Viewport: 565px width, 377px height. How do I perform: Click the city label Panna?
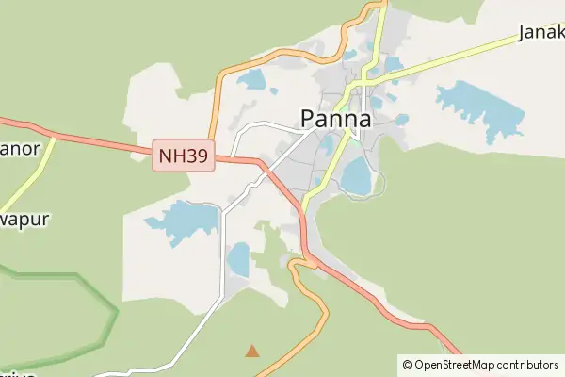335,120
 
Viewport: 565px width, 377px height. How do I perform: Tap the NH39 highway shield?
184,156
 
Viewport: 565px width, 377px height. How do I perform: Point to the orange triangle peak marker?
251,352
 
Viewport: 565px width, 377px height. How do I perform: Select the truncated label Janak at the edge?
541,34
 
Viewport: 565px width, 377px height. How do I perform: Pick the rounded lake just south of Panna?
356,175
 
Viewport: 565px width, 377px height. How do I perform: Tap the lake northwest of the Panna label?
252,80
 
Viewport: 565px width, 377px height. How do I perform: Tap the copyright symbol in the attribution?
407,364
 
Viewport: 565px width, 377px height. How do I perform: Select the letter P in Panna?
309,120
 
